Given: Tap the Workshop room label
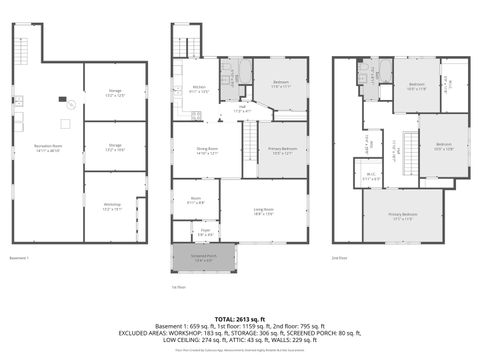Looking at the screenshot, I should pos(112,206).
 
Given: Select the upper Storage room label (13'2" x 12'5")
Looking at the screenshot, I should pos(114,93).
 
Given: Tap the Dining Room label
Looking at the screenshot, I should pos(206,151).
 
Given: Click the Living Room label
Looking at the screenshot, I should pos(265,211).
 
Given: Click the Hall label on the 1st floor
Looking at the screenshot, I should pos(241,108).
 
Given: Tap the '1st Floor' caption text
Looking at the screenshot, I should pos(179,285).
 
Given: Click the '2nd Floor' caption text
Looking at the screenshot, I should pos(341,258).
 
